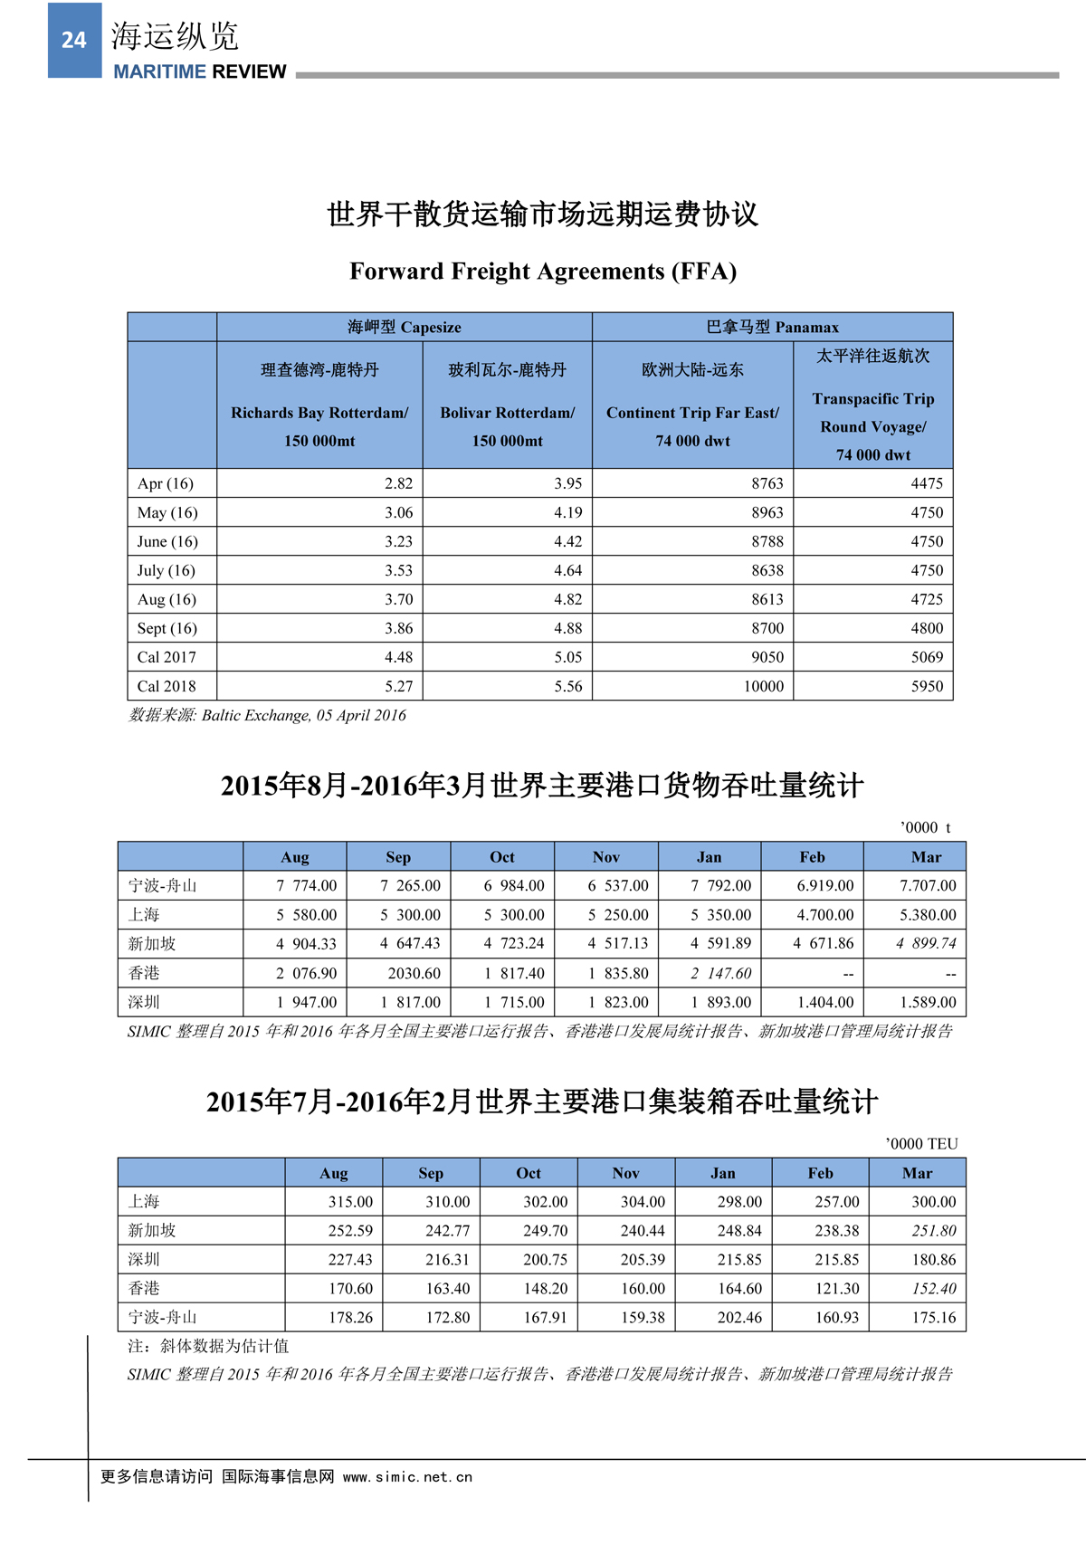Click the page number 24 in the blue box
(x=74, y=40)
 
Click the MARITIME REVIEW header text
(x=199, y=72)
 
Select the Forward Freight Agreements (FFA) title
(x=543, y=272)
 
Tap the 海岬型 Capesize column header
(x=405, y=327)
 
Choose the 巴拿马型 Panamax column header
(x=773, y=327)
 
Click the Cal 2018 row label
(x=167, y=686)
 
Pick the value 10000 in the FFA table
(x=764, y=686)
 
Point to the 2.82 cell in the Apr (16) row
(x=398, y=483)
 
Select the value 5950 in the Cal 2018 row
(x=927, y=686)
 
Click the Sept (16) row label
(x=167, y=628)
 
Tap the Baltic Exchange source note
(x=268, y=715)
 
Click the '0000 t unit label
(x=925, y=827)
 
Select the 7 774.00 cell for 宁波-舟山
(x=307, y=885)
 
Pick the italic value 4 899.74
(x=926, y=943)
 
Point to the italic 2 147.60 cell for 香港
(x=720, y=973)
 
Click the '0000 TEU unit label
(x=921, y=1143)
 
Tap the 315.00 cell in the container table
(x=350, y=1202)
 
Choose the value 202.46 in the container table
(x=739, y=1318)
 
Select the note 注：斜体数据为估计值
(x=209, y=1346)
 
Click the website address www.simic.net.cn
(x=407, y=1477)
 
